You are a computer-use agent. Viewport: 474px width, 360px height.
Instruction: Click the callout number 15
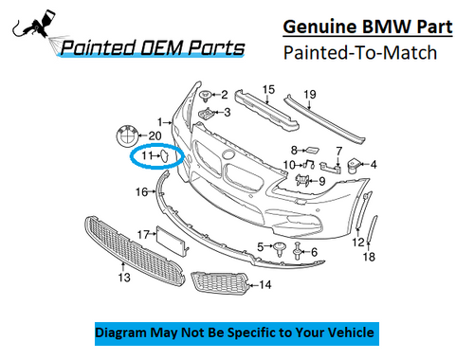click(268, 90)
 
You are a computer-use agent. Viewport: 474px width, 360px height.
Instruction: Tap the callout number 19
click(308, 94)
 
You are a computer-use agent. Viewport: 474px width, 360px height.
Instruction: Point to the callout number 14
click(265, 284)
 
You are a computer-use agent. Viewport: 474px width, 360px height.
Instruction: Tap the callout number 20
click(155, 135)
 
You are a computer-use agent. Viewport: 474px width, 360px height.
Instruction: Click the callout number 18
click(370, 257)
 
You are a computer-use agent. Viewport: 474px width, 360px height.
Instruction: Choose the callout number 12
click(357, 243)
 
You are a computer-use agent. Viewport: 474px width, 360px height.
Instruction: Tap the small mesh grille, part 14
click(220, 281)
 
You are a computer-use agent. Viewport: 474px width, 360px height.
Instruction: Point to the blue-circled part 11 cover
click(162, 154)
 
